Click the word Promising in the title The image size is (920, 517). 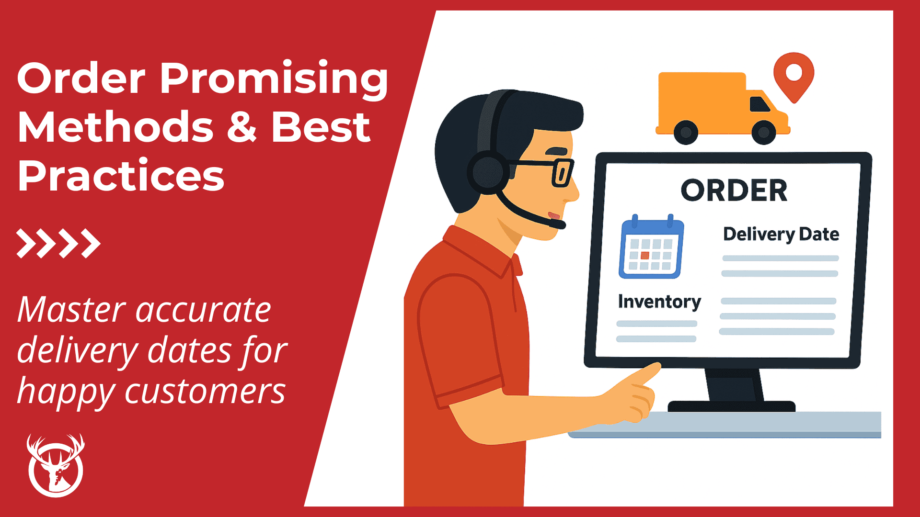click(273, 79)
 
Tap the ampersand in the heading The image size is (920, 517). click(242, 127)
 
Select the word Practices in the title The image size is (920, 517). click(121, 176)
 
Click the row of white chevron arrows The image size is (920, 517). click(58, 243)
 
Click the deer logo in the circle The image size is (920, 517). click(56, 467)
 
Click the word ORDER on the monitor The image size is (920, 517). click(734, 191)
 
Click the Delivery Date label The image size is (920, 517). click(781, 234)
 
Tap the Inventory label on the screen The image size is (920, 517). click(659, 302)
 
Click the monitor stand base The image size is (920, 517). click(731, 406)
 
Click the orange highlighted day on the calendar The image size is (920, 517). click(645, 255)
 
